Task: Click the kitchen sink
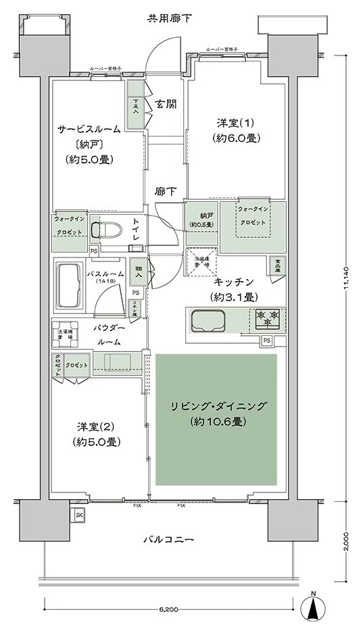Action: [x=210, y=320]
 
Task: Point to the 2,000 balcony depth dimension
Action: [x=346, y=540]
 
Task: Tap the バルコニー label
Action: [x=169, y=540]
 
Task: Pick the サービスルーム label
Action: [x=89, y=128]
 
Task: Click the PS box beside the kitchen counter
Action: [x=267, y=339]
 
